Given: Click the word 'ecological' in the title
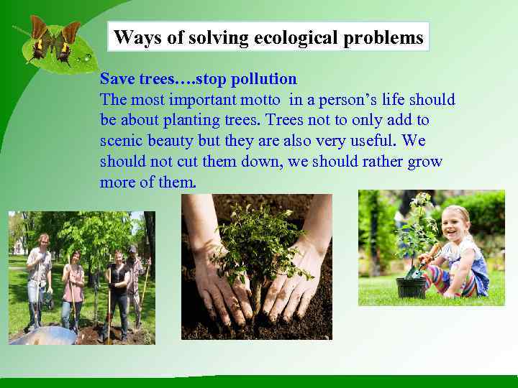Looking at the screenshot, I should point(296,37).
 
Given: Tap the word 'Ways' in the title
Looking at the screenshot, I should point(132,37).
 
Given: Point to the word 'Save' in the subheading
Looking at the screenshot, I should point(117,78).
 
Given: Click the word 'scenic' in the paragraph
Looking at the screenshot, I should point(122,142).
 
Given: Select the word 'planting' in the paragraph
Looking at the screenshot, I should point(183,121).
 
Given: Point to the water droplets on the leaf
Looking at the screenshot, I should point(86,56).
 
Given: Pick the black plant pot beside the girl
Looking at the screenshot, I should point(412,287).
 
